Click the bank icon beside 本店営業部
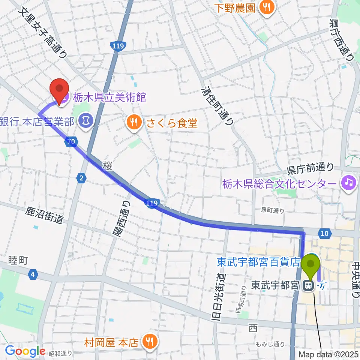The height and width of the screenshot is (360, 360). tap(86, 121)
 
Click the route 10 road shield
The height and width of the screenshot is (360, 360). tap(325, 234)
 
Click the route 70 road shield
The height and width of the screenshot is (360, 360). tap(70, 141)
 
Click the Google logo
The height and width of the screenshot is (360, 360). tap(25, 351)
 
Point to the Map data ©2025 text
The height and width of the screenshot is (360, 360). tap(328, 354)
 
